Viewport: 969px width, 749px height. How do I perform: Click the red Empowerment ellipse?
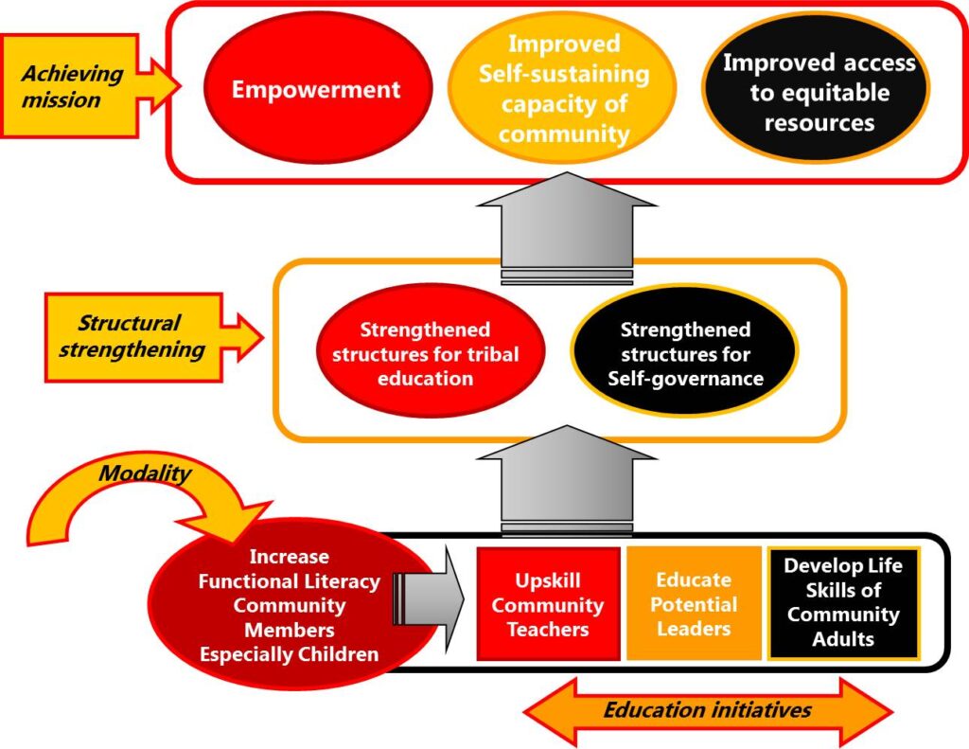(x=316, y=90)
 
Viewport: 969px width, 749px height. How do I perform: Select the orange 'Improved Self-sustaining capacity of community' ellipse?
(x=563, y=90)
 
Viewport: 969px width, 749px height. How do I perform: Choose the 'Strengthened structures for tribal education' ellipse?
(x=424, y=354)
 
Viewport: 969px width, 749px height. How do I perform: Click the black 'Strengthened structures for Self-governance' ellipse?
(x=684, y=354)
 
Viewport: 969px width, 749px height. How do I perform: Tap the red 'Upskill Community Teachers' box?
(x=548, y=604)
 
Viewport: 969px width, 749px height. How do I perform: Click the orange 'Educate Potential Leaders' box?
(x=694, y=604)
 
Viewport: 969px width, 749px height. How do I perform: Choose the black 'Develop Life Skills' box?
(x=842, y=602)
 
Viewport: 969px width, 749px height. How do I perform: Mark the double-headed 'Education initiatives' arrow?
(x=707, y=710)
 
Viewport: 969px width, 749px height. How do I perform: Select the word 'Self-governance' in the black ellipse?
(x=685, y=379)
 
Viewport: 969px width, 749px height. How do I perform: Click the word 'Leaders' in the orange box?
(x=694, y=629)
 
